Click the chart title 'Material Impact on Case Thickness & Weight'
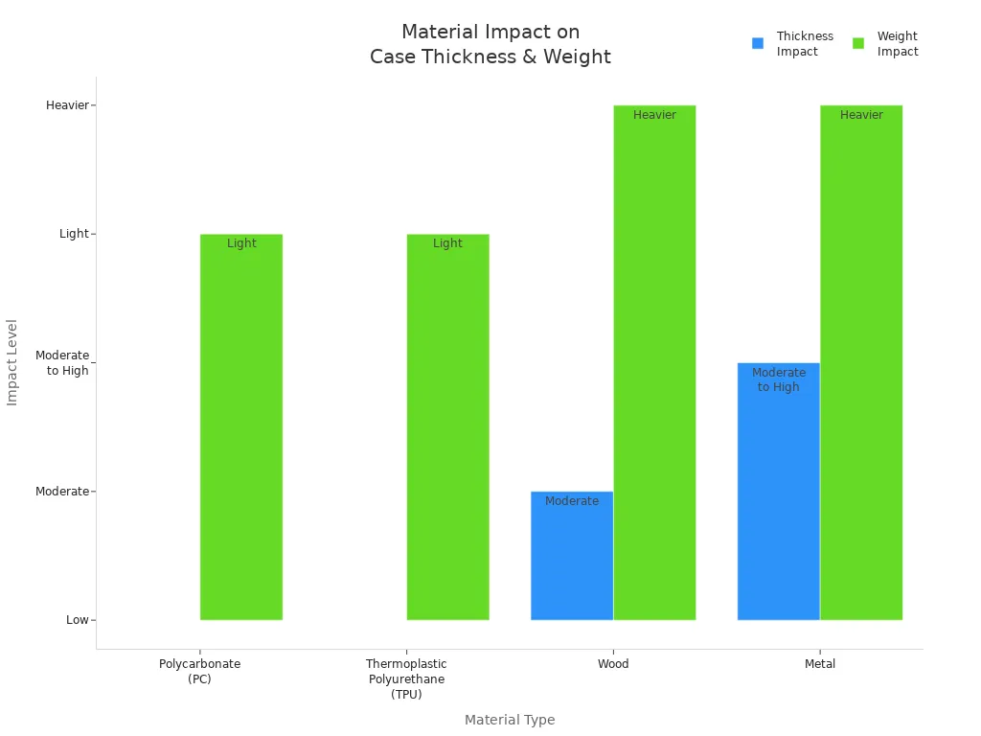coord(490,45)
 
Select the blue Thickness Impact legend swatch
coord(758,43)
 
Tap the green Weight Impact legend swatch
coord(858,43)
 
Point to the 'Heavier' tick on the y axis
coord(67,105)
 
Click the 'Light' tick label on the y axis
coord(74,234)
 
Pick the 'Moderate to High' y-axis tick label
coord(62,362)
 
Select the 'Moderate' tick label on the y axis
coord(62,492)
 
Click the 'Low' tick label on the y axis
coord(78,620)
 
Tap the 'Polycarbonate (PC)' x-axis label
coord(199,671)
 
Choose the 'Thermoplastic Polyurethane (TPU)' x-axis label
coord(406,678)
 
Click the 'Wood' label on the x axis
coord(613,664)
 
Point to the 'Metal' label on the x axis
coord(820,664)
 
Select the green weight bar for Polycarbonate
coord(241,431)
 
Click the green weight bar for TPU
coord(447,431)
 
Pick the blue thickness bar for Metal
coord(778,498)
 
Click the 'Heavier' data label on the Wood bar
coord(654,115)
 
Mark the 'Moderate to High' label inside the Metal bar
coord(779,379)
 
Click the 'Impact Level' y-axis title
coord(12,362)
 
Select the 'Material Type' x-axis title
coord(510,720)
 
